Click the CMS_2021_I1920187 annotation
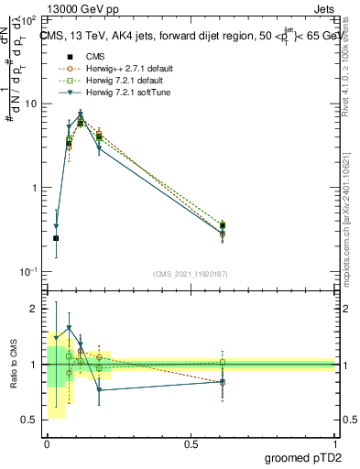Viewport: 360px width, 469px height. point(190,274)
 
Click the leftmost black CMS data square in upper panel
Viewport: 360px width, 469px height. point(56,238)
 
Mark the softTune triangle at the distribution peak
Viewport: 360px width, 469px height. point(81,115)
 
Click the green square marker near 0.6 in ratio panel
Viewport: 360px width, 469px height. point(222,362)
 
